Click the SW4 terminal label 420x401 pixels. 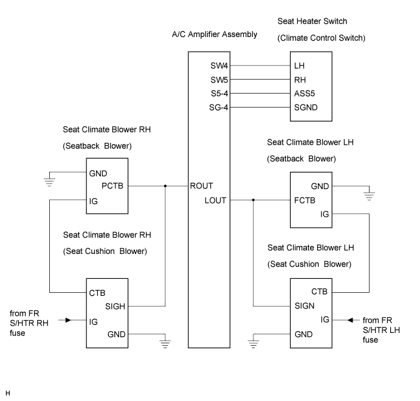pyautogui.click(x=219, y=66)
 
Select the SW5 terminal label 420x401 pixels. pyautogui.click(x=219, y=80)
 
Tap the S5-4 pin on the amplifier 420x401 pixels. pyautogui.click(x=219, y=94)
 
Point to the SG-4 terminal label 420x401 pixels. pyautogui.click(x=219, y=108)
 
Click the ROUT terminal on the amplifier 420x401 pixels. pyautogui.click(x=201, y=186)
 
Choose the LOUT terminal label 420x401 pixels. pyautogui.click(x=215, y=200)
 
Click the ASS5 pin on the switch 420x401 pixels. pyautogui.click(x=305, y=94)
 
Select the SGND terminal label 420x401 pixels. pyautogui.click(x=306, y=108)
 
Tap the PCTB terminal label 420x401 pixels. pyautogui.click(x=112, y=186)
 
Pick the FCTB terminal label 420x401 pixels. pyautogui.click(x=305, y=200)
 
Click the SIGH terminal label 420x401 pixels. pyautogui.click(x=115, y=306)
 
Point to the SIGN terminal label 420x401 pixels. pyautogui.click(x=305, y=306)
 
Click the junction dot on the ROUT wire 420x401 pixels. pyautogui.click(x=165, y=186)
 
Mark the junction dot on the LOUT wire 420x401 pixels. pyautogui.click(x=253, y=200)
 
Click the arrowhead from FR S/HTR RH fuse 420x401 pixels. pyautogui.click(x=68, y=320)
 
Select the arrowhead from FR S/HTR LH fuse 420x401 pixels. pyautogui.click(x=350, y=320)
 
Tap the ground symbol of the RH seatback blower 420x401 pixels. pyautogui.click(x=49, y=182)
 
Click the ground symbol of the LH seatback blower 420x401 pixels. pyautogui.click(x=369, y=196)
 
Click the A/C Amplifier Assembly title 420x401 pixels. pyautogui.click(x=215, y=35)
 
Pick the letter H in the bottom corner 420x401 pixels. pyautogui.click(x=8, y=393)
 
